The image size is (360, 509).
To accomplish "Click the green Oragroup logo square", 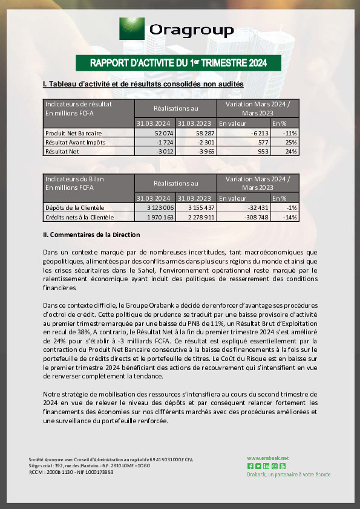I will tap(131, 29).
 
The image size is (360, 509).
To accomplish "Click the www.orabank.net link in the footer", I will tap(267, 458).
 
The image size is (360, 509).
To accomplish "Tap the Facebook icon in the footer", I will tap(250, 466).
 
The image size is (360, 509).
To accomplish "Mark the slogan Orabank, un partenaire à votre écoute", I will tap(289, 475).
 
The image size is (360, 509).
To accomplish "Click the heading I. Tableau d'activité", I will tap(143, 84).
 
